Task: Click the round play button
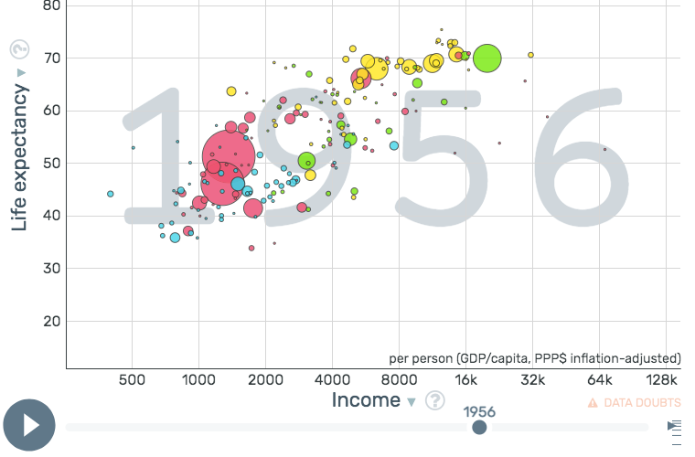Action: [x=29, y=425]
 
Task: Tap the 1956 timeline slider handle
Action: [x=479, y=427]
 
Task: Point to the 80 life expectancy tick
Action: [x=51, y=5]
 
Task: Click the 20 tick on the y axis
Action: [x=51, y=322]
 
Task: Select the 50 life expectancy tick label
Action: [x=51, y=164]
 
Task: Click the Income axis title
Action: [x=366, y=400]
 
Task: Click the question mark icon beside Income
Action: [x=435, y=400]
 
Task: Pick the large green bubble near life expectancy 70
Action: [x=487, y=58]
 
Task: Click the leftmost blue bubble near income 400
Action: [x=111, y=194]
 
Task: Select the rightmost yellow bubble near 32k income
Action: [x=530, y=55]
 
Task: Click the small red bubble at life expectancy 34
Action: [x=251, y=248]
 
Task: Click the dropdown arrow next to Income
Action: [x=412, y=402]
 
